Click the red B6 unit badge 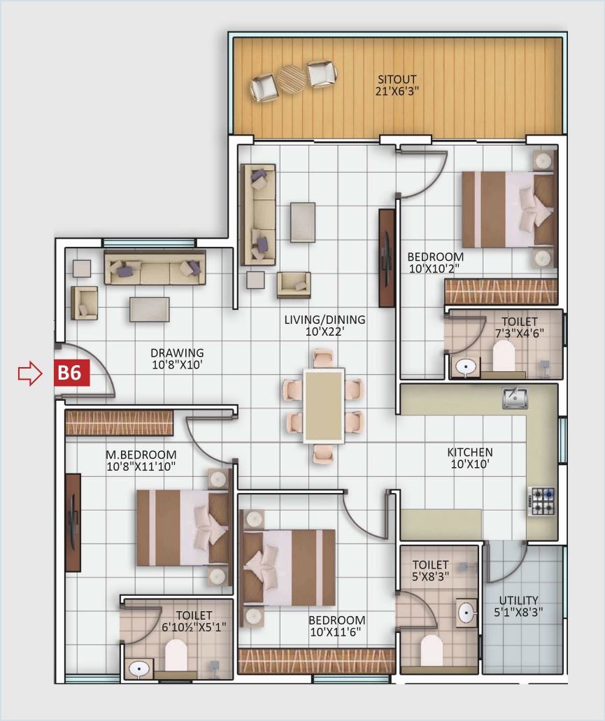click(69, 373)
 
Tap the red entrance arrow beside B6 click(30, 373)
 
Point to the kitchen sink click(515, 399)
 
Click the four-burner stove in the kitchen click(542, 501)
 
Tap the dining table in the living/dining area click(323, 406)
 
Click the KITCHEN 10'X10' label click(469, 459)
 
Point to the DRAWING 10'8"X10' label click(177, 358)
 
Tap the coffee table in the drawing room click(149, 309)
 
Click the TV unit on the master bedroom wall click(73, 522)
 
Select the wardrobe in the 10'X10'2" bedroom click(501, 292)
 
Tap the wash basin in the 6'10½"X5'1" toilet click(140, 668)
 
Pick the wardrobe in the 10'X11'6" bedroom click(316, 661)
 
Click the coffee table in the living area click(302, 222)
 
